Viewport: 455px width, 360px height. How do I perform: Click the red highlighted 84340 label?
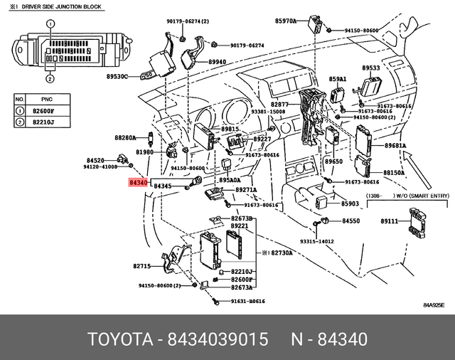(138, 184)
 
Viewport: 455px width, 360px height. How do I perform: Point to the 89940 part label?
(218, 62)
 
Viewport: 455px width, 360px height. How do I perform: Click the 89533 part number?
(370, 69)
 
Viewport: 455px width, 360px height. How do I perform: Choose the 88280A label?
(125, 137)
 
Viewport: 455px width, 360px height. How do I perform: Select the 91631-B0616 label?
(247, 302)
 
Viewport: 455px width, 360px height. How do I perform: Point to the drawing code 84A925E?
(433, 305)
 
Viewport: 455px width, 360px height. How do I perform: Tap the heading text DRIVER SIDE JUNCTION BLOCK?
(60, 6)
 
